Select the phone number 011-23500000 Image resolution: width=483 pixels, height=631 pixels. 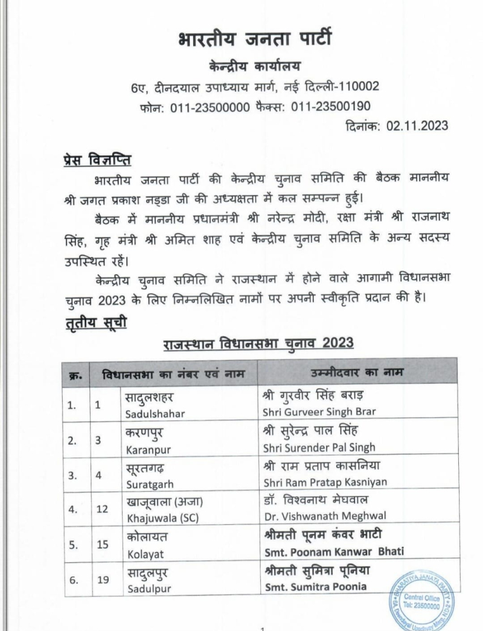click(x=203, y=106)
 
